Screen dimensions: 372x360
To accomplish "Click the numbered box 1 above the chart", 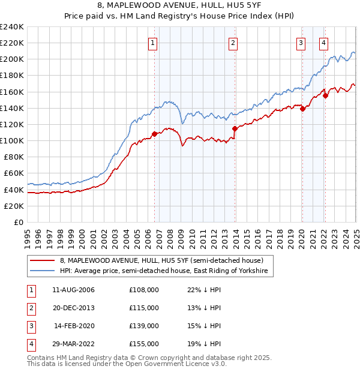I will (153, 43).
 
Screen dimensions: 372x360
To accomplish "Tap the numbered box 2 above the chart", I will (233, 43).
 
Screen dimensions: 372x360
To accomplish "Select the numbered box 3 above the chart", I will (301, 43).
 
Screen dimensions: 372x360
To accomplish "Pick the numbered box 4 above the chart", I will (323, 43).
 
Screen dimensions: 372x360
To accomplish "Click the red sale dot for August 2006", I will (154, 134).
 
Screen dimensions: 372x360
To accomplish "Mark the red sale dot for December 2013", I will (235, 128).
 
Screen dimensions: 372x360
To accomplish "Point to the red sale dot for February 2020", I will (302, 109).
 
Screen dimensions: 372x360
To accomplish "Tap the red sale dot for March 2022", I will (325, 95).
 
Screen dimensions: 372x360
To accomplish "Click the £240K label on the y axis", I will (11, 26).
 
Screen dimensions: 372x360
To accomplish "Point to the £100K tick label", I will (11, 140).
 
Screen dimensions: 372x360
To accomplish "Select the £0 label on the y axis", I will (17, 222).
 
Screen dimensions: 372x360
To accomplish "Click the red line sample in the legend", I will (43, 261).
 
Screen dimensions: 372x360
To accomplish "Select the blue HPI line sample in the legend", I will (43, 271).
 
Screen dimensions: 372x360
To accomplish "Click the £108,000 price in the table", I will (144, 290).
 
